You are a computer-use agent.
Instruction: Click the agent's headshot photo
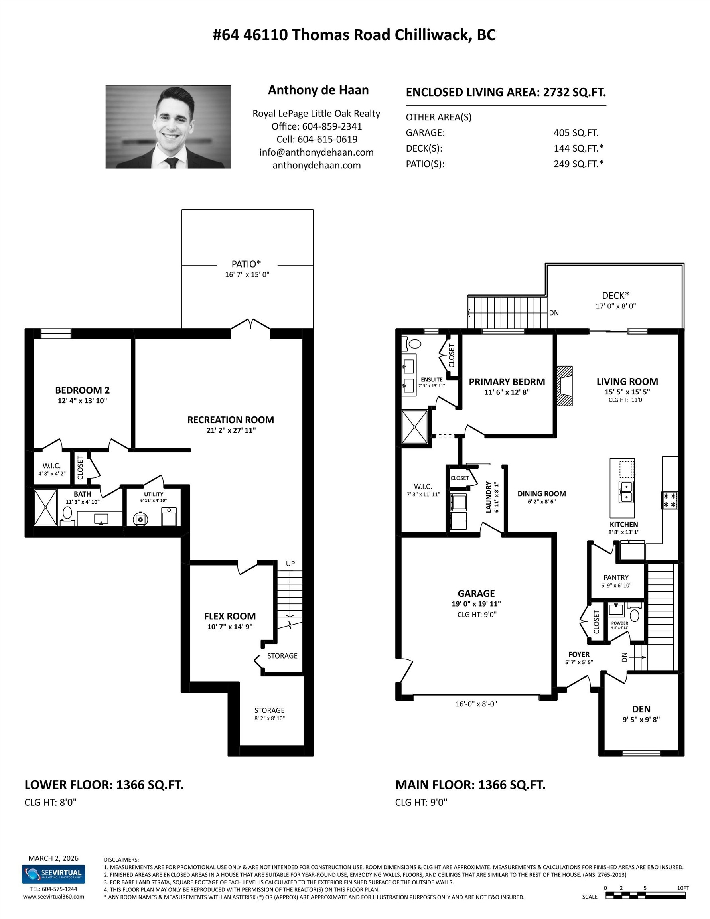(168, 127)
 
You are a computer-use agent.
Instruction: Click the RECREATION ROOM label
(230, 420)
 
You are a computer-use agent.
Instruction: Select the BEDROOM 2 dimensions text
(83, 401)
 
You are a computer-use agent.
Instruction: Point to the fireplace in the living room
(565, 386)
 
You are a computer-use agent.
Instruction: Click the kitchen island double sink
(626, 492)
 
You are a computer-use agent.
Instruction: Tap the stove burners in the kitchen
(670, 500)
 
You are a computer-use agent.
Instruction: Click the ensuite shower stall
(414, 427)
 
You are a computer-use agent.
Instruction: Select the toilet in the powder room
(634, 615)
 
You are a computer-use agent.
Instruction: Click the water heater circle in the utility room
(140, 519)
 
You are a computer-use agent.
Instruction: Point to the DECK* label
(615, 296)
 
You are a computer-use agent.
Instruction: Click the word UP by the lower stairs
(290, 564)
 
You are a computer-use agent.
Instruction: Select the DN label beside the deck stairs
(554, 313)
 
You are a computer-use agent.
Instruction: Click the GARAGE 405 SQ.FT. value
(576, 133)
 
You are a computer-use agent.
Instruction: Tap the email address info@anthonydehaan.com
(316, 152)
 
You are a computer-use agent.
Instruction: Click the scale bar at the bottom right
(645, 896)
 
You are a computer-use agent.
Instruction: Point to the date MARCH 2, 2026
(53, 858)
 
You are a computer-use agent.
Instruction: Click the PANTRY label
(616, 578)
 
